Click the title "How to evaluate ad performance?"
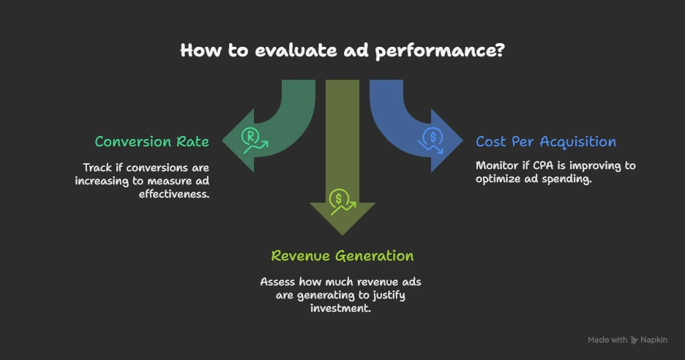tap(342, 51)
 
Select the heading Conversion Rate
tap(151, 142)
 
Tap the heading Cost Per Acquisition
tap(545, 142)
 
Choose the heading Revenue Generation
tap(342, 256)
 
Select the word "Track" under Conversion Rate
tap(97, 168)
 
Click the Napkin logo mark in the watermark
tap(634, 340)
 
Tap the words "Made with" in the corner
tap(607, 340)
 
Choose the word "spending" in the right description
tap(567, 179)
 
